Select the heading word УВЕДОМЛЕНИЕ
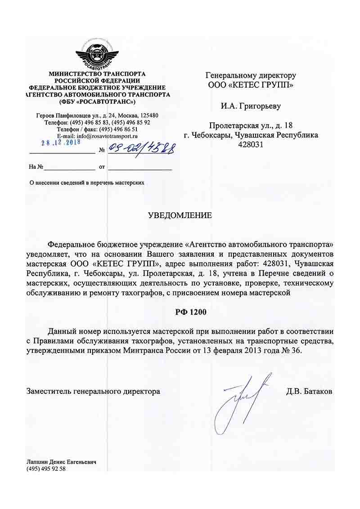click(180, 215)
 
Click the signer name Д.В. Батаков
click(309, 391)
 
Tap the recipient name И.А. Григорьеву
click(251, 107)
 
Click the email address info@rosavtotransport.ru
click(107, 135)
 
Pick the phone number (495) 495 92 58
click(46, 469)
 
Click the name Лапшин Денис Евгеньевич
click(62, 462)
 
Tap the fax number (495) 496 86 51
click(116, 129)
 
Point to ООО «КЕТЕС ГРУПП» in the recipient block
click(251, 85)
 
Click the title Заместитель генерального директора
click(94, 391)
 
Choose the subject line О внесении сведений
click(86, 183)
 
